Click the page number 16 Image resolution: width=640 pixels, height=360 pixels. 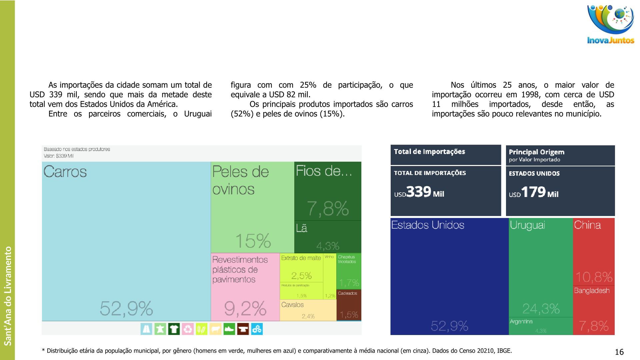tap(619, 352)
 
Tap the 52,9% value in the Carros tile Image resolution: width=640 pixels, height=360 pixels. tap(126, 308)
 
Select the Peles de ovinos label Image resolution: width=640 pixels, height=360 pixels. tap(240, 180)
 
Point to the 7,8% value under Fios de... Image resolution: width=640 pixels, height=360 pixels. tap(328, 208)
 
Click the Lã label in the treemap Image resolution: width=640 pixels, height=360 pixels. tap(302, 228)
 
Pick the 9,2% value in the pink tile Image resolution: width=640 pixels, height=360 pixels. tap(245, 308)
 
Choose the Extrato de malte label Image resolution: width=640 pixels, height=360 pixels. tap(301, 258)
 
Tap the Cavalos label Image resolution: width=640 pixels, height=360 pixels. tap(292, 305)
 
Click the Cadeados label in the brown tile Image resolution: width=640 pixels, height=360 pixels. tap(347, 293)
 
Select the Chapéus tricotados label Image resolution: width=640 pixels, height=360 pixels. tap(347, 259)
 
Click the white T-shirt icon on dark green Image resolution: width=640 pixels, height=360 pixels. tap(174, 329)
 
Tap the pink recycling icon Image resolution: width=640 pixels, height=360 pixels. tap(188, 329)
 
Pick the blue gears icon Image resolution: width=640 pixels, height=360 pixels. tap(257, 329)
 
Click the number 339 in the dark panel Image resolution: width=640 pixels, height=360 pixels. tap(419, 192)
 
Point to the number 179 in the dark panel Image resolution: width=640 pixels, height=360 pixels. tap(533, 192)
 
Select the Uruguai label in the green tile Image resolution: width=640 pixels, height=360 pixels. tap(527, 225)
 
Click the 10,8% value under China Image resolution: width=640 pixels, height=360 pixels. tap(594, 277)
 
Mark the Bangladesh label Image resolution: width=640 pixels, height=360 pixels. tap(591, 291)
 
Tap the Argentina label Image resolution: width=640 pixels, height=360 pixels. tap(521, 322)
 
